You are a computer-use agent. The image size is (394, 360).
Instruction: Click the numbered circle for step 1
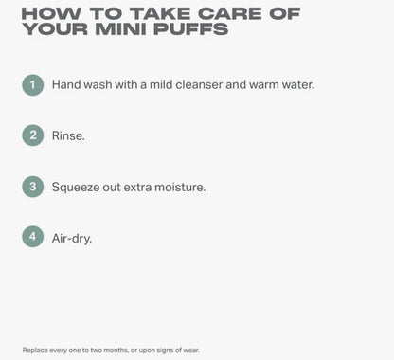(33, 85)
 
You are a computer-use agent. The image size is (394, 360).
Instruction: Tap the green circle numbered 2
(33, 135)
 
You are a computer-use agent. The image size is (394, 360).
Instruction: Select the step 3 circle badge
(33, 187)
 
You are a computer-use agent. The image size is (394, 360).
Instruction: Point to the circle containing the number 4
(33, 237)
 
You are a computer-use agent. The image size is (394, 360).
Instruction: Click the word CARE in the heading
(230, 13)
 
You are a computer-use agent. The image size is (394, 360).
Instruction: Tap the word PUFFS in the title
(190, 29)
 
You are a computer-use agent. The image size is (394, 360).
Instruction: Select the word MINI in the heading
(121, 29)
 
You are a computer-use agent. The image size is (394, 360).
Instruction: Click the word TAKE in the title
(160, 13)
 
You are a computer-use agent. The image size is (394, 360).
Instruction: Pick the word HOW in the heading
(51, 13)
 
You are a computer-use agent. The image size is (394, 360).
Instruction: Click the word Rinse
(68, 135)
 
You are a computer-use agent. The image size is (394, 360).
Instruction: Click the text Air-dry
(72, 239)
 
